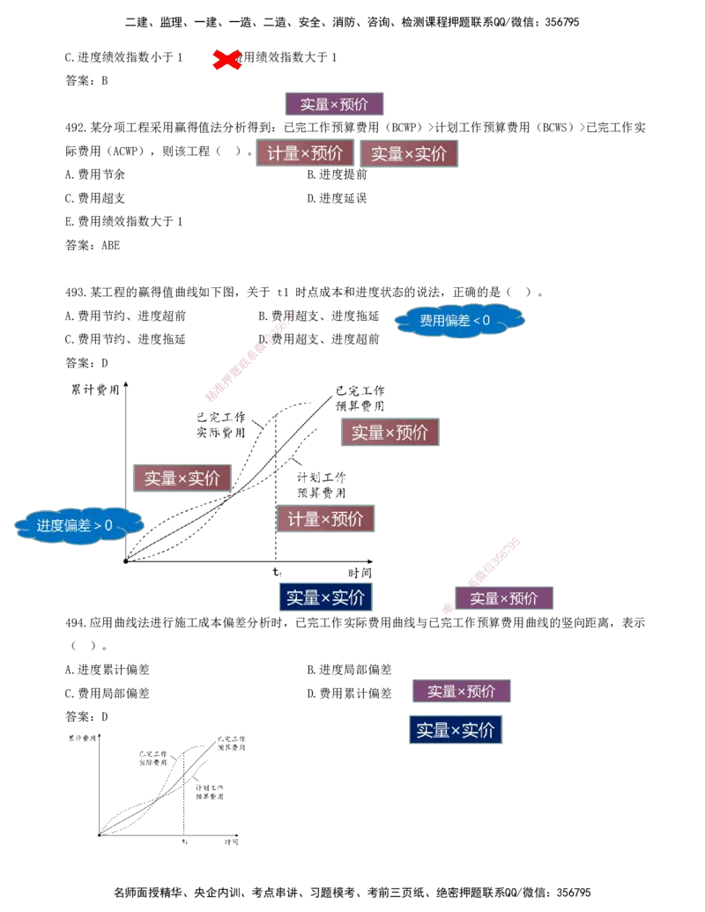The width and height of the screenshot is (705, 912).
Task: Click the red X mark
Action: [227, 59]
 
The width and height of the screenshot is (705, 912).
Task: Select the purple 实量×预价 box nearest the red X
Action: [334, 105]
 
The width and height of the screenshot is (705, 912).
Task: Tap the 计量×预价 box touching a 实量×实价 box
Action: [305, 152]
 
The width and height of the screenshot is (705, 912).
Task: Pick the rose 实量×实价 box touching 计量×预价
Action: [411, 153]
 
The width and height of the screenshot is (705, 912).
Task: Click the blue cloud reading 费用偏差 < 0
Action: [460, 320]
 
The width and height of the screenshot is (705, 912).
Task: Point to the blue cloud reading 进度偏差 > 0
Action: [78, 525]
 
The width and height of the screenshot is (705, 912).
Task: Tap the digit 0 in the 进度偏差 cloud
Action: [108, 526]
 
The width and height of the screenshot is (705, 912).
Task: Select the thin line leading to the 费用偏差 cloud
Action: [344, 327]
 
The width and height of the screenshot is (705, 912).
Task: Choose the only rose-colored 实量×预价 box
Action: [390, 433]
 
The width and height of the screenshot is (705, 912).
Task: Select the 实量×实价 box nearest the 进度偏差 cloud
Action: [181, 478]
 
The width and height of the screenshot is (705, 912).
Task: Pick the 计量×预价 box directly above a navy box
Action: [326, 519]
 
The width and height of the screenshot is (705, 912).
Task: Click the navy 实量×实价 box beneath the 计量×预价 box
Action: [324, 597]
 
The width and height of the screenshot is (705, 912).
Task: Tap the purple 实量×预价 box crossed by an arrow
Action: [504, 598]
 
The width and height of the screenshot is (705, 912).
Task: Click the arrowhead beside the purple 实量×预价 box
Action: [447, 606]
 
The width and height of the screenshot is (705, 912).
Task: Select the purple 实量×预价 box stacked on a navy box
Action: [461, 691]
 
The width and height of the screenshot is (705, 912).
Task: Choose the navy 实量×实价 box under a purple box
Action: [456, 730]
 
